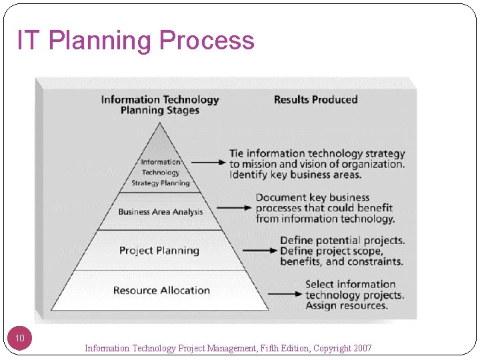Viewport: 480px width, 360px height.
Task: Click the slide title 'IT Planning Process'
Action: point(136,41)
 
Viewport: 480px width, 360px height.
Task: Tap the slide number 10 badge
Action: point(20,339)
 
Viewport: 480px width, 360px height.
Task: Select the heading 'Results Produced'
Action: point(315,100)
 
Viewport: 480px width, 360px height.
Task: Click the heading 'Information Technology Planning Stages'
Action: point(160,105)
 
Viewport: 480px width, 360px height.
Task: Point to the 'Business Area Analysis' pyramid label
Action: point(161,212)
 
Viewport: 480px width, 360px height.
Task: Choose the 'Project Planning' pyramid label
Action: point(159,251)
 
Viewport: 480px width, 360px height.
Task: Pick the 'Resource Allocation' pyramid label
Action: point(161,291)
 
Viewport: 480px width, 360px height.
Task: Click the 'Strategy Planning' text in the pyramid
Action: point(161,183)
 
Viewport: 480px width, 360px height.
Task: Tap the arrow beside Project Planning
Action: point(259,251)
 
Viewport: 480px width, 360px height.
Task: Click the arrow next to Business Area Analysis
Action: point(234,208)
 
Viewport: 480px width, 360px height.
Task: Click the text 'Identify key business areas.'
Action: point(295,175)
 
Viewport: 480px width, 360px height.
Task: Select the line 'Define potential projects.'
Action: point(342,240)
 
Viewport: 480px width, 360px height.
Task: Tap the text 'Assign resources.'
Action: point(346,306)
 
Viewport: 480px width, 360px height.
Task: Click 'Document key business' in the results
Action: point(313,197)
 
